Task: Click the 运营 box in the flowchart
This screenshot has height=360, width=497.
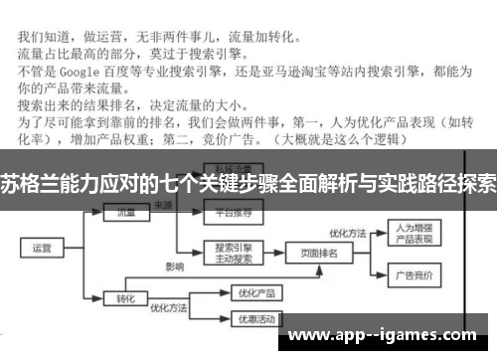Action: (x=41, y=249)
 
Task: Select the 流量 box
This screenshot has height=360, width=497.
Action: (x=125, y=212)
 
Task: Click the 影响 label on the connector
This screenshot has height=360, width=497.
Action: (x=175, y=268)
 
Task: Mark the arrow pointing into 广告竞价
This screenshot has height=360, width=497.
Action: (x=384, y=275)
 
